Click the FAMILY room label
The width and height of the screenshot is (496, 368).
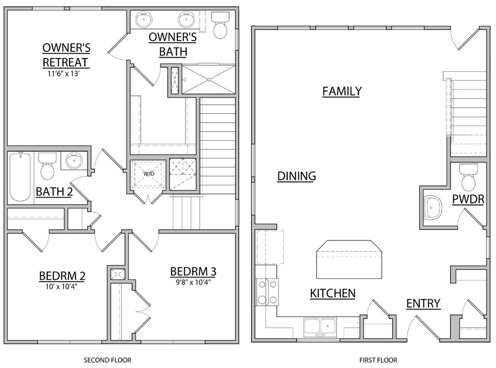341,91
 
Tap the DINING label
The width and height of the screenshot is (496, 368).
296,176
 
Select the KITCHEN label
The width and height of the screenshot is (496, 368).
333,293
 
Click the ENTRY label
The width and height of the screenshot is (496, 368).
423,304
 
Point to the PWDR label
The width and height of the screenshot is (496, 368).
468,199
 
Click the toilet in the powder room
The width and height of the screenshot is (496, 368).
468,177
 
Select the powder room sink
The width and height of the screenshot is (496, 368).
432,208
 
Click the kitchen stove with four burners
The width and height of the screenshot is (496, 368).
267,292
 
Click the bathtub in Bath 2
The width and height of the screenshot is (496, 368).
20,177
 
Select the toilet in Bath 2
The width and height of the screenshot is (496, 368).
47,166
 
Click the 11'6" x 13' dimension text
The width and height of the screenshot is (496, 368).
65,74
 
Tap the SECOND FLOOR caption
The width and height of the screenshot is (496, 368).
108,360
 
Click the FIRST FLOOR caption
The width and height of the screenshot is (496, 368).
378,360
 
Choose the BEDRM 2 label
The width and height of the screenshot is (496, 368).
62,276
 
